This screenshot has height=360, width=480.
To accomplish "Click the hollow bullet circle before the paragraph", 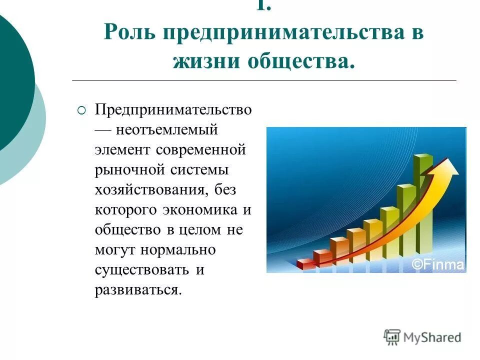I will tap(82, 110).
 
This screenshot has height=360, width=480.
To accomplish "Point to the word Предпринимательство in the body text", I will tap(173, 110).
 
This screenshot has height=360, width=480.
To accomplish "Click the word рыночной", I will tap(130, 170).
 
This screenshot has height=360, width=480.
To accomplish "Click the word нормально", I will tap(178, 250).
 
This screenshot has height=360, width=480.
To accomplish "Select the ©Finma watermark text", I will tap(438, 264).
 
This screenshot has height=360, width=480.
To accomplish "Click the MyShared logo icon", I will tap(392, 336).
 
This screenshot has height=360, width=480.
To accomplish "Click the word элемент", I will tap(123, 150).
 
